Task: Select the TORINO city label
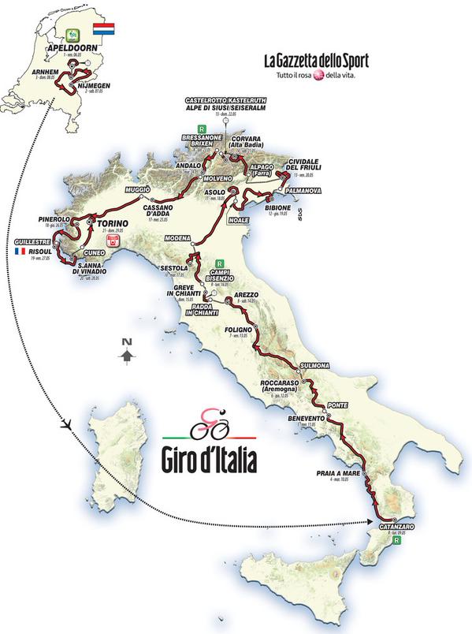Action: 110,223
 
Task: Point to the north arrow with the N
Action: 125,351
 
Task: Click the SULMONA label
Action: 316,365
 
